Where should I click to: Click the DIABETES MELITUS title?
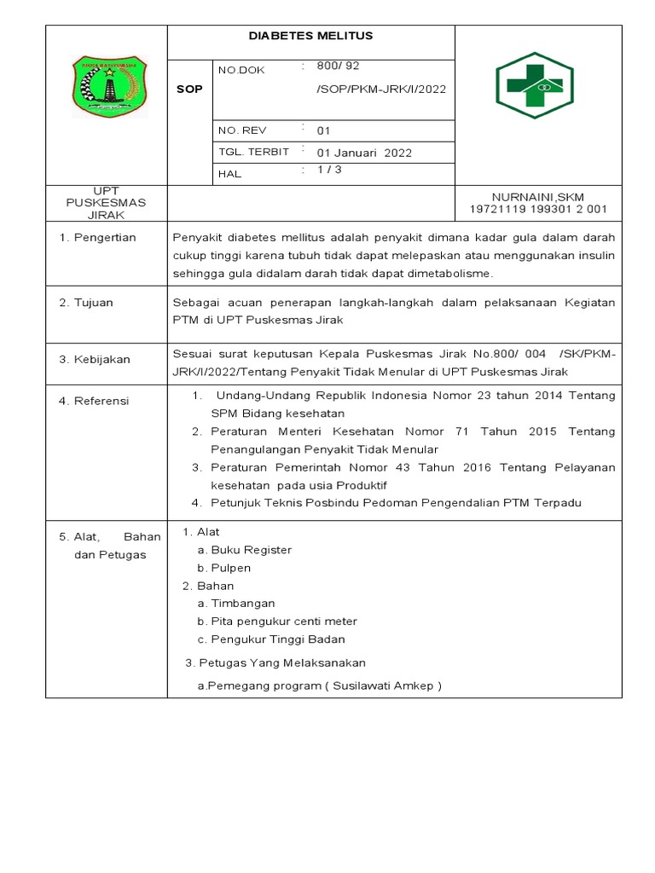(x=310, y=36)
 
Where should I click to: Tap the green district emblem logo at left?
(x=107, y=86)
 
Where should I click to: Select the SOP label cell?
(x=189, y=89)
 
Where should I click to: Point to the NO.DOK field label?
(x=242, y=70)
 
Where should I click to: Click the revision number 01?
(x=323, y=130)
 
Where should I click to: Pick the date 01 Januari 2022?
(x=364, y=153)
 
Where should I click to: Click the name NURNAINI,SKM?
(x=538, y=196)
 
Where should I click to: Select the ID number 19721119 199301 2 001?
(x=538, y=209)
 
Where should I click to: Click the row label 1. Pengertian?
(x=97, y=237)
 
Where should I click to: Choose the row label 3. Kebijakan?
(x=94, y=359)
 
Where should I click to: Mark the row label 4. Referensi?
(x=94, y=400)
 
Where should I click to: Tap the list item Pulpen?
(x=230, y=567)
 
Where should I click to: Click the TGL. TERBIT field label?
(x=253, y=151)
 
